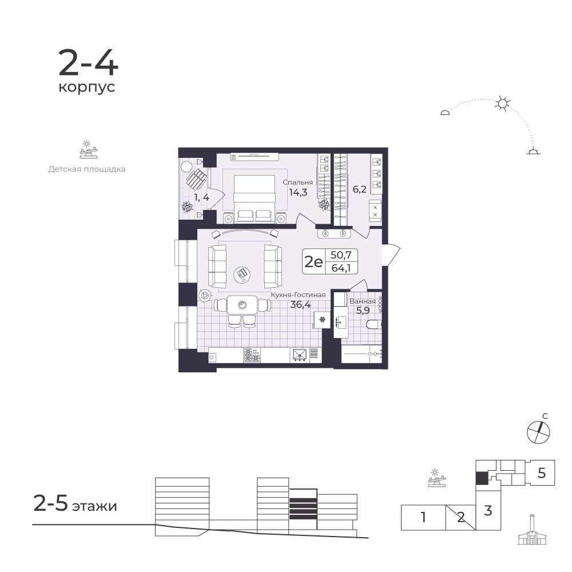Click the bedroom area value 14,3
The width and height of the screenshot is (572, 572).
(298, 192)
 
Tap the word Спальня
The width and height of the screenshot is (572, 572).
(297, 182)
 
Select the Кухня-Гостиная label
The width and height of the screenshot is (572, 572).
(298, 295)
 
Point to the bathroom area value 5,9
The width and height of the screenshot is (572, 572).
(363, 311)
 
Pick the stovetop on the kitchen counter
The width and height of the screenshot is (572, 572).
(252, 355)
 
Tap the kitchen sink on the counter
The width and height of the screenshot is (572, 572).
(300, 355)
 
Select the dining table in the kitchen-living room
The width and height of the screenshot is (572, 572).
(242, 305)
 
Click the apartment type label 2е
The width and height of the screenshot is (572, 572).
(313, 261)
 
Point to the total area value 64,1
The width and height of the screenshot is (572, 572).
(341, 268)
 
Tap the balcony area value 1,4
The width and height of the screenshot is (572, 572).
(201, 198)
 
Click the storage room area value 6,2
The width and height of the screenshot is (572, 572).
(359, 189)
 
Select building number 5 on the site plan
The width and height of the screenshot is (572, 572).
(541, 473)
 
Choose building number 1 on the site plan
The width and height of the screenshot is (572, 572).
(423, 517)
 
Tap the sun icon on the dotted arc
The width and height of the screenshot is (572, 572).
(502, 104)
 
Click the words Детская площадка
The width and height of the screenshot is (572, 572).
(87, 169)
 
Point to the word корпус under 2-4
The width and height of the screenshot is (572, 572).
(87, 88)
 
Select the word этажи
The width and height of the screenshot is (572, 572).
(94, 506)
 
